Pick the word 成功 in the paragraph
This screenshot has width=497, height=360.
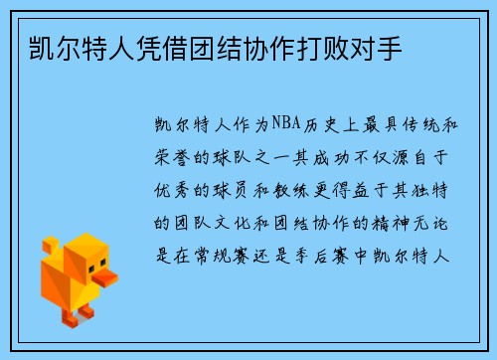pyautogui.click(x=322, y=156)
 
